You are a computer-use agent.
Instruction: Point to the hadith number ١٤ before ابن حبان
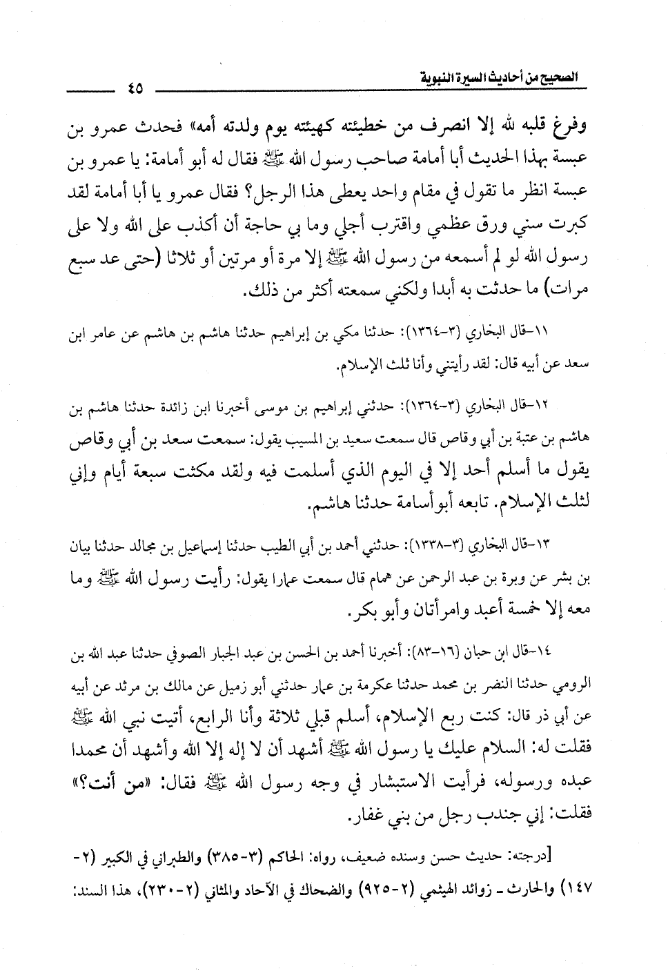[587, 652]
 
